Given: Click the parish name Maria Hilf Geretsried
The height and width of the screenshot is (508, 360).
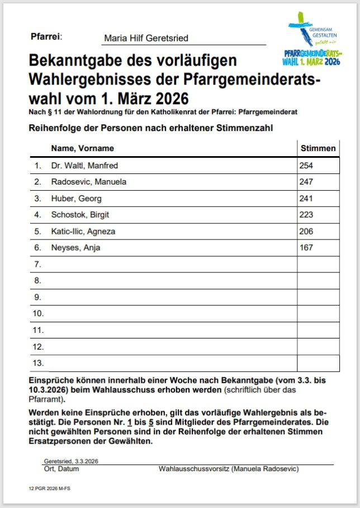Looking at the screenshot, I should (x=146, y=39).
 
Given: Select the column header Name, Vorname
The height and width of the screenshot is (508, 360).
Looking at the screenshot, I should (x=82, y=148).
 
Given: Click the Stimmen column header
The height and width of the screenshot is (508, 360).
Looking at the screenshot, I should (x=318, y=148).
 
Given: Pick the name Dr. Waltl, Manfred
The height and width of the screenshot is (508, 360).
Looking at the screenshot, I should (x=84, y=166).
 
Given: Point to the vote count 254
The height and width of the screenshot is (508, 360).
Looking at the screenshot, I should (x=306, y=166).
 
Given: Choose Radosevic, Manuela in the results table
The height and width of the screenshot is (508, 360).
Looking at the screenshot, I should (x=88, y=182).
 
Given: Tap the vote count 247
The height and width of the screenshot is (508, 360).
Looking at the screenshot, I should (x=306, y=182).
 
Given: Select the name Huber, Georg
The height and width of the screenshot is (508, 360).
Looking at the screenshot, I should (x=76, y=199).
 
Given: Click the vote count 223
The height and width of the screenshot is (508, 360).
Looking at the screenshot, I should (x=306, y=215).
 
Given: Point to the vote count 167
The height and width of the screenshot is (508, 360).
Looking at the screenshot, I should (x=306, y=248).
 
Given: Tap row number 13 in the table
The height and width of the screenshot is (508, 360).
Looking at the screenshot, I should (x=38, y=363).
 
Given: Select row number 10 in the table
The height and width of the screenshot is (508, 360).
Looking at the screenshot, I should (x=38, y=313).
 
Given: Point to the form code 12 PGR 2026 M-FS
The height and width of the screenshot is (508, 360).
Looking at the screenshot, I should (x=50, y=488).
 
